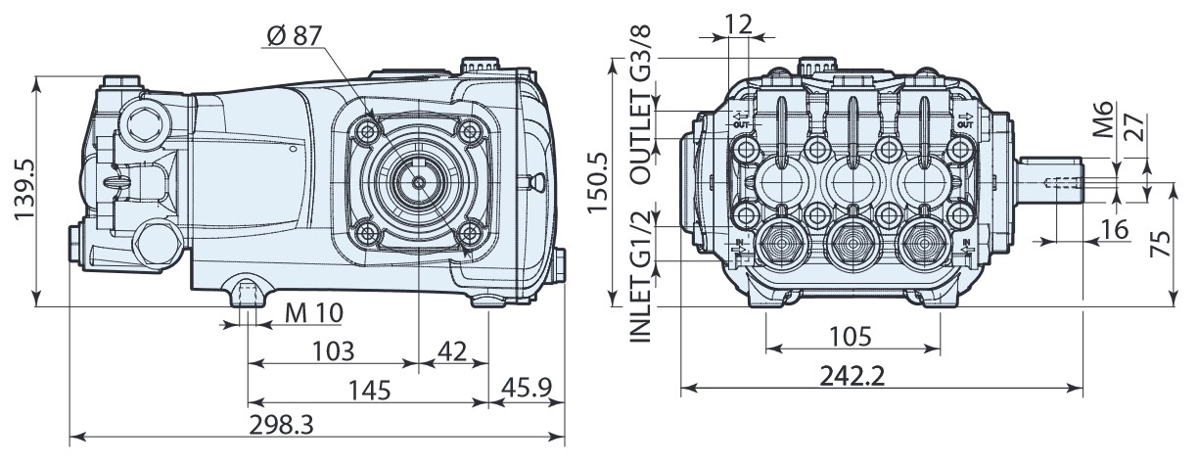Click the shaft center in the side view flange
(x=418, y=182)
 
